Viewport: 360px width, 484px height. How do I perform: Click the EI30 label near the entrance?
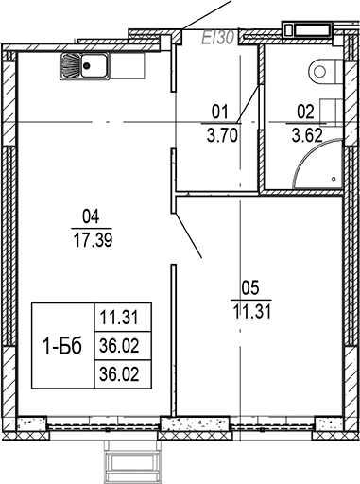coord(219,38)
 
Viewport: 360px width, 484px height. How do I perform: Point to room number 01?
coord(219,111)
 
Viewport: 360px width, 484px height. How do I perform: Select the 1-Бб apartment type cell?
coord(61,346)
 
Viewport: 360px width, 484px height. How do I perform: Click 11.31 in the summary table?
coord(123,319)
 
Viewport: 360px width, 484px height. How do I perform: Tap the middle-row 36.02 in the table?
coord(123,347)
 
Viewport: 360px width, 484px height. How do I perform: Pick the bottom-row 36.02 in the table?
coord(123,373)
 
